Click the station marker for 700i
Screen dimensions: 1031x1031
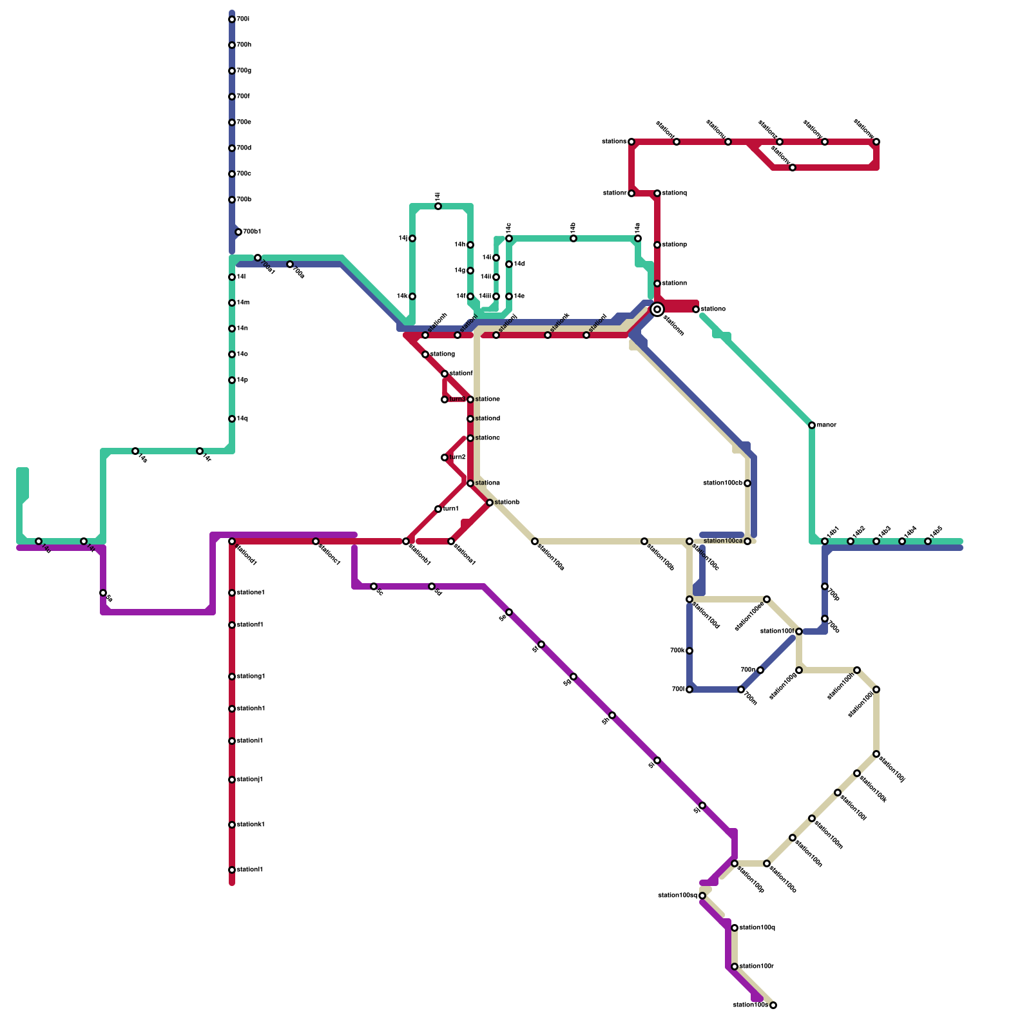click(x=232, y=19)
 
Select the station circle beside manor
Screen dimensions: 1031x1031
click(x=812, y=425)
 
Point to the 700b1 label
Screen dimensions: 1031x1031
click(x=252, y=232)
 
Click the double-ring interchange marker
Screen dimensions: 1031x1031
click(x=657, y=310)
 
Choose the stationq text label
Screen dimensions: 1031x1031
click(x=675, y=193)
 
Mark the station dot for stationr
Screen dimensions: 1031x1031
click(x=631, y=193)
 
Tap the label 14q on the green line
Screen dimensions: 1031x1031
click(x=242, y=419)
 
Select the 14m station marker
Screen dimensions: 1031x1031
click(x=232, y=303)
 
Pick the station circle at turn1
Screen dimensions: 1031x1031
click(x=438, y=509)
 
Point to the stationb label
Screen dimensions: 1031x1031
click(x=507, y=503)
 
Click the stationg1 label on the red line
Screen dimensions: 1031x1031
click(x=251, y=677)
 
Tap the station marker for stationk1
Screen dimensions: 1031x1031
click(x=232, y=825)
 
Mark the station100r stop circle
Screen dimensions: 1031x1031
click(x=735, y=967)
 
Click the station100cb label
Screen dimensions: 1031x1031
click(x=722, y=483)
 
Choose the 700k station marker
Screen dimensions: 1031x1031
click(x=689, y=651)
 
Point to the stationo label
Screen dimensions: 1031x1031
click(x=713, y=309)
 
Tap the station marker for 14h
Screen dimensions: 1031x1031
click(x=470, y=245)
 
